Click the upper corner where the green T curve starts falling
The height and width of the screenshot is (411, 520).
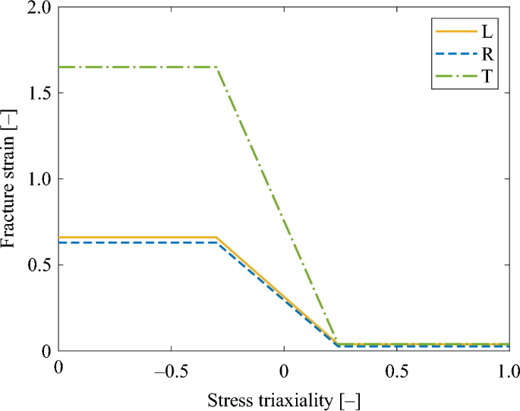tap(218, 68)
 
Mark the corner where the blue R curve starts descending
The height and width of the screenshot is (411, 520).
tap(218, 242)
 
